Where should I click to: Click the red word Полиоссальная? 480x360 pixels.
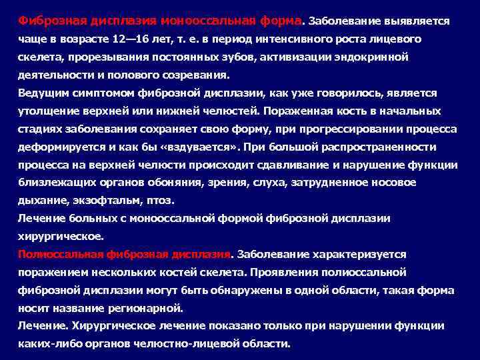pos(60,254)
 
